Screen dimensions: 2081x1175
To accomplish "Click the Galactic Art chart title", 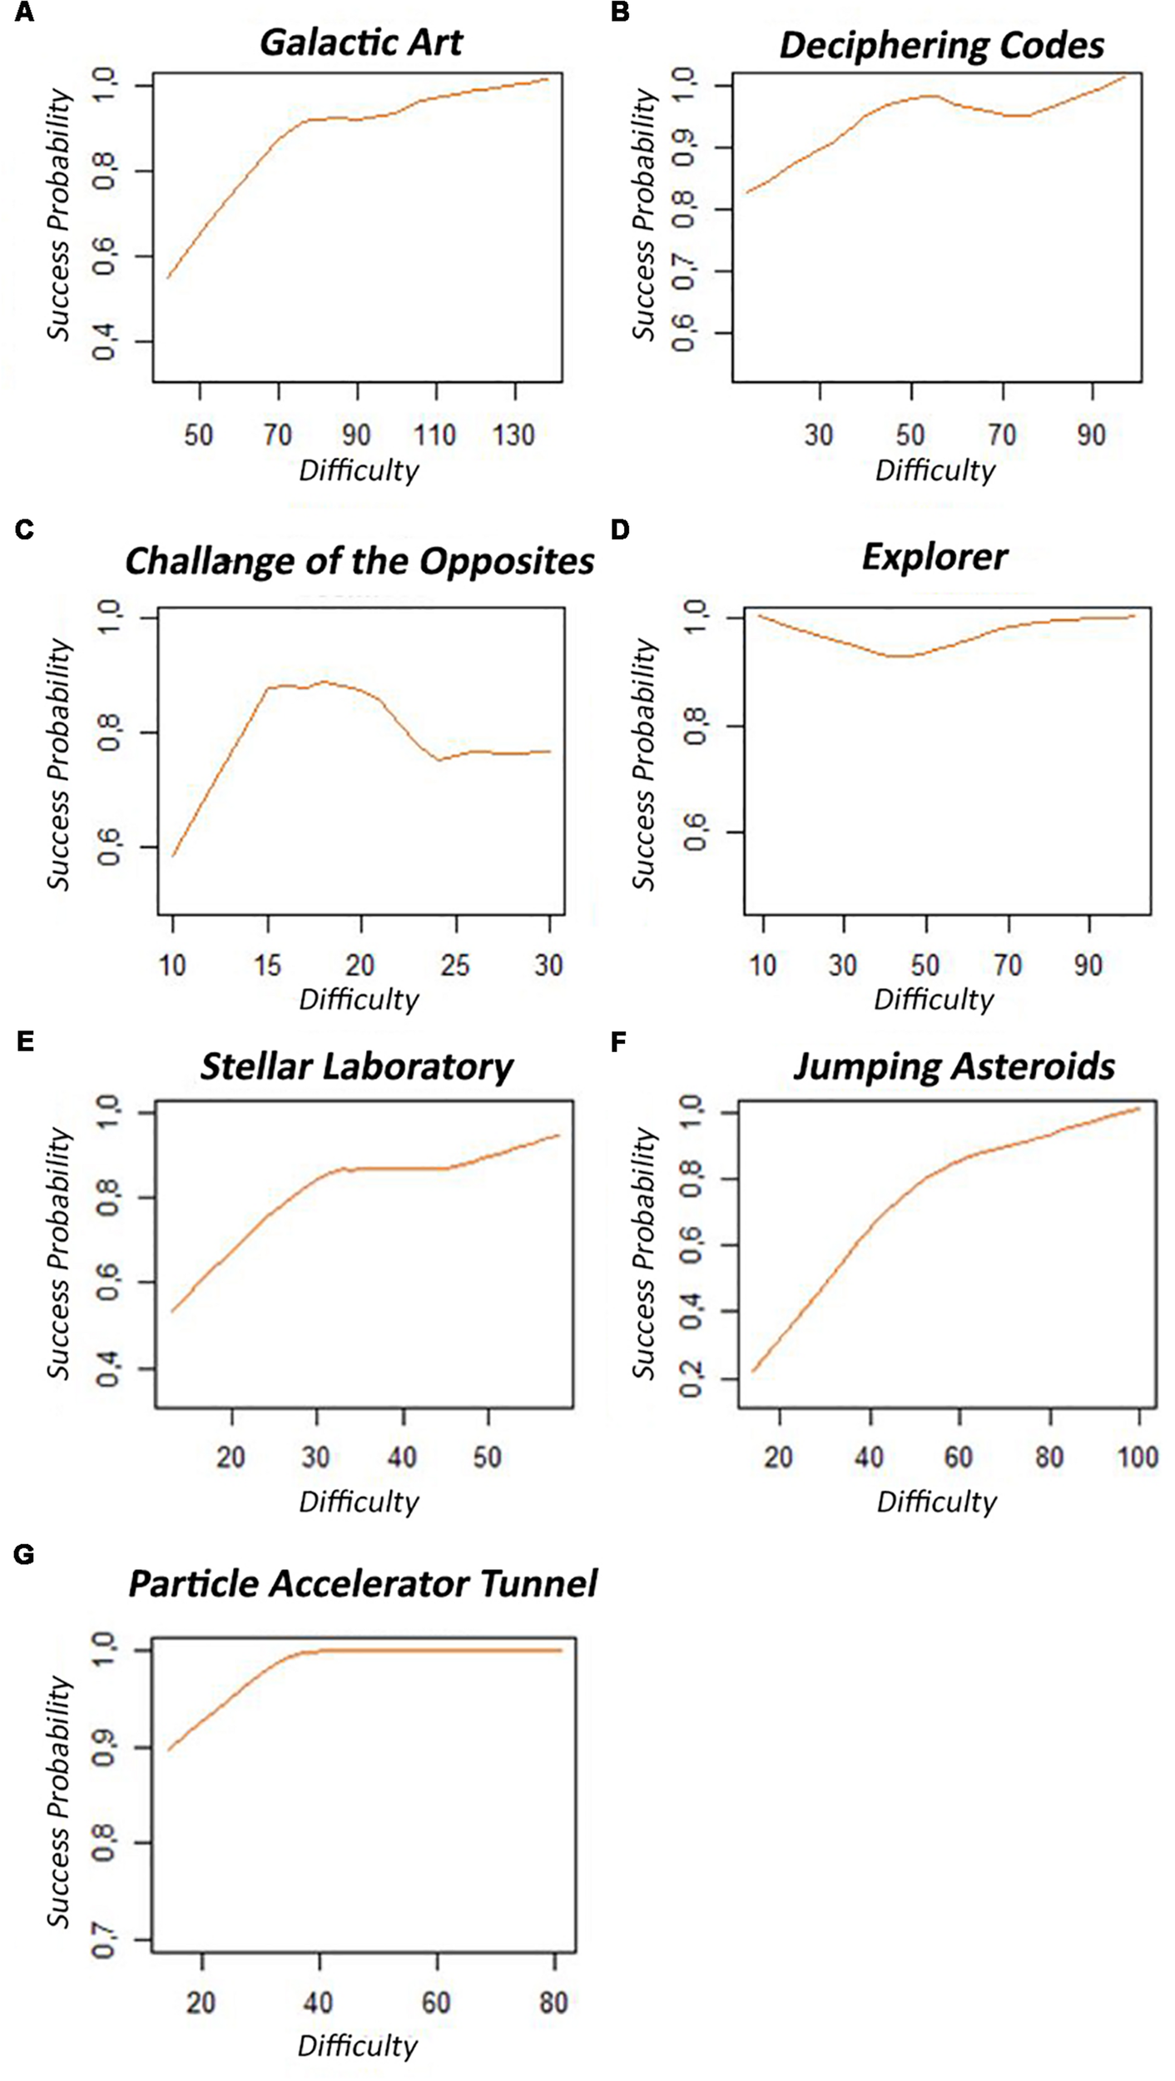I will coord(360,42).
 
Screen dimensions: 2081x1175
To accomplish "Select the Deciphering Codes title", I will coord(941,45).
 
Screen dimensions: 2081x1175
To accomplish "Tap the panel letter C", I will coord(24,529).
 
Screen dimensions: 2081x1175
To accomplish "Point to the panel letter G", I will coord(24,1553).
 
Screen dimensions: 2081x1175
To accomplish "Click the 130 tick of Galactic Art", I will coord(513,435).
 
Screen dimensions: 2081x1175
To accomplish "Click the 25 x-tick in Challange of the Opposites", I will coord(455,966).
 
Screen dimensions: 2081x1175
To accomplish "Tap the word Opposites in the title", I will coord(506,561).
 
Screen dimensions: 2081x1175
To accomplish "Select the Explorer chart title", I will coord(935,556).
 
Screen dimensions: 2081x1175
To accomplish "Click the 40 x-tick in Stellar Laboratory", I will coord(402,1457).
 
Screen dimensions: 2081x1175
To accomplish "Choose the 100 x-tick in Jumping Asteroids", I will coord(1137,1457).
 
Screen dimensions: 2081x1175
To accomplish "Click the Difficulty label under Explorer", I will coord(933,1000).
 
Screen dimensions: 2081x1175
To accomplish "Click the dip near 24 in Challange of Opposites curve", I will coord(439,760).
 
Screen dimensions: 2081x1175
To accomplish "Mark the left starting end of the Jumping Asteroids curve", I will coord(753,1371).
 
